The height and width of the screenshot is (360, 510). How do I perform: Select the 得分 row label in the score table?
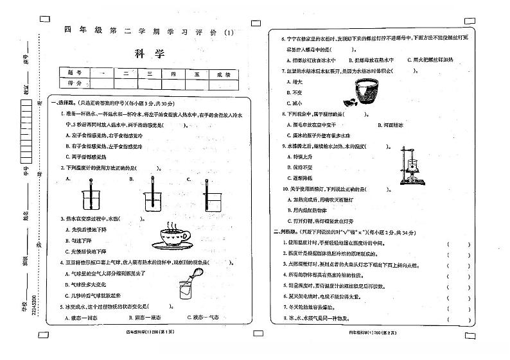(x=75, y=83)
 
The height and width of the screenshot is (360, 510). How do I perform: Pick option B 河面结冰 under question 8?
(x=390, y=125)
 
